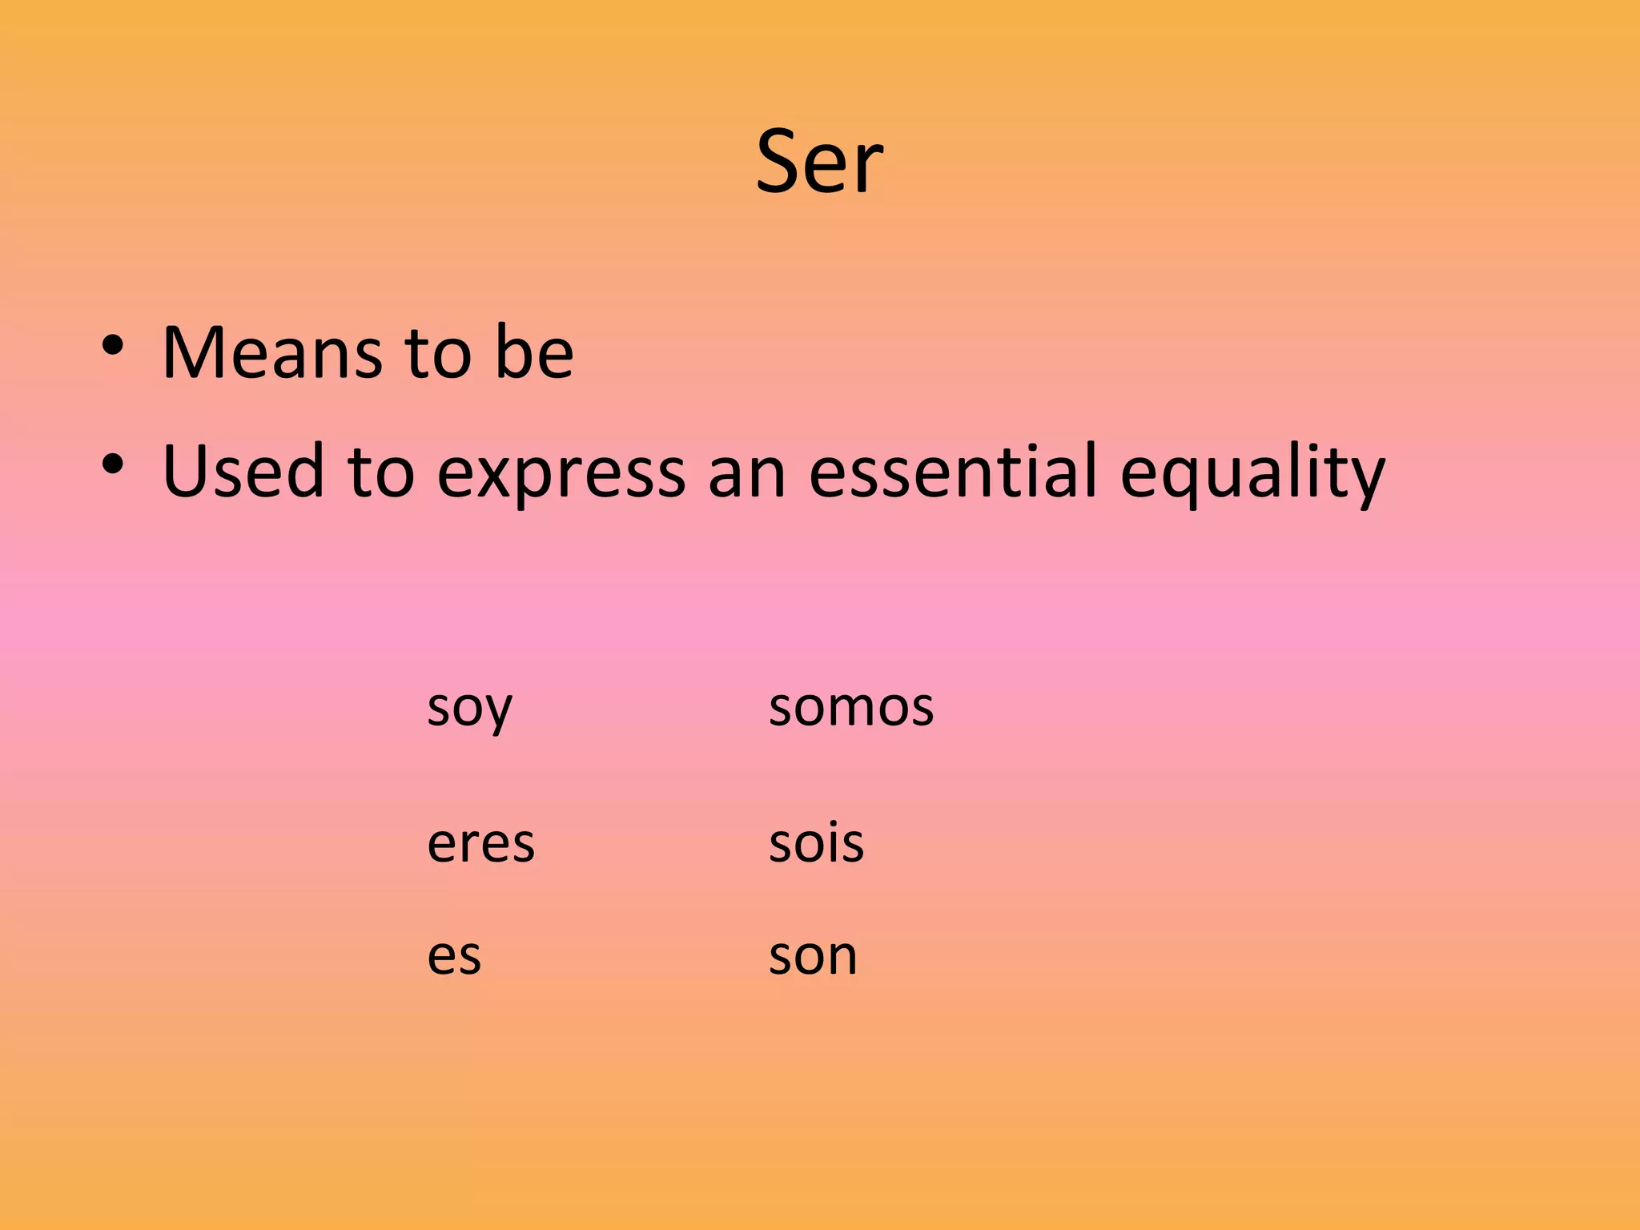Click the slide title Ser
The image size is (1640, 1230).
[x=819, y=163]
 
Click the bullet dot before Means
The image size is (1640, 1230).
[x=113, y=346]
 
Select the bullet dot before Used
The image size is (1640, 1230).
[x=113, y=464]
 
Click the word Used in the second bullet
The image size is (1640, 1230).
[x=243, y=472]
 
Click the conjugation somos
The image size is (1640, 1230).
[x=850, y=708]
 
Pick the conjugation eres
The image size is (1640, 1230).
[x=480, y=844]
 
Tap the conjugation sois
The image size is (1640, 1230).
[x=816, y=842]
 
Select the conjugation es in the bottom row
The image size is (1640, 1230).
[x=454, y=957]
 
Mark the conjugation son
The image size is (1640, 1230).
[x=813, y=957]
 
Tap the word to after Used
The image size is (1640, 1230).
[x=380, y=472]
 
